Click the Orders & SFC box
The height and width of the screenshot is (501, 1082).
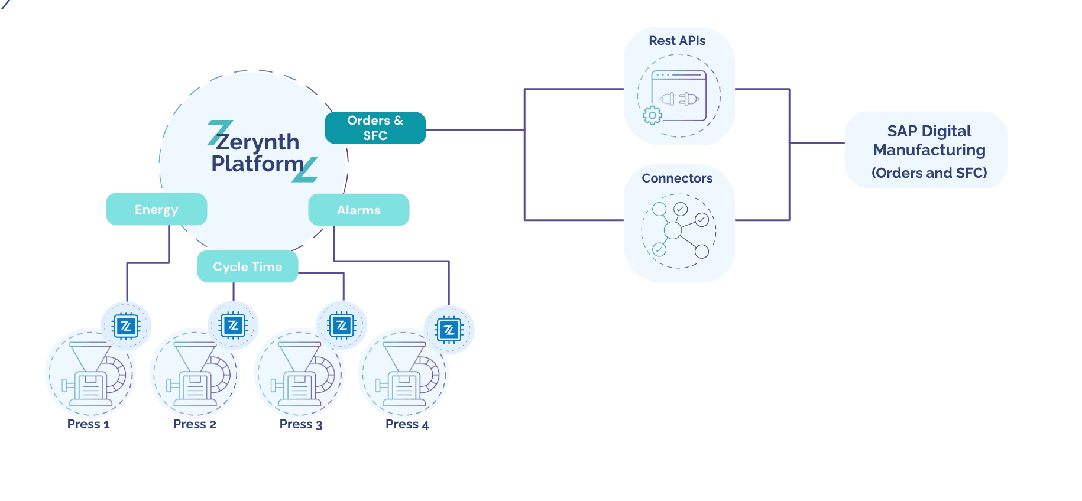point(375,128)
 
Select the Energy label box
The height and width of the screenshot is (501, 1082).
point(156,209)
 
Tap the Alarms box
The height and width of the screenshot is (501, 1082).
point(358,210)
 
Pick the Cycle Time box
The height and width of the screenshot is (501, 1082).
point(247,266)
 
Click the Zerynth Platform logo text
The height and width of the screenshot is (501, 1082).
point(258,152)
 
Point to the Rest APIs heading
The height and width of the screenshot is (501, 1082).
point(677,41)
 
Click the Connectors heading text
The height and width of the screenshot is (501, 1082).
point(677,178)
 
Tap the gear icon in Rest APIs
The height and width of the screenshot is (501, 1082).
point(652,115)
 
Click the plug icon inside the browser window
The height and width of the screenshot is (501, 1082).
point(679,99)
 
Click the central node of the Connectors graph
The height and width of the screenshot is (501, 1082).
point(672,230)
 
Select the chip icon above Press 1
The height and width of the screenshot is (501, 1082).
point(126,326)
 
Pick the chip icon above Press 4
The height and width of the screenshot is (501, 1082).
point(449,330)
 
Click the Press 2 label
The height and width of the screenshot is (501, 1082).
point(195,424)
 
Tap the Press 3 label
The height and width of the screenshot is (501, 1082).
point(301,424)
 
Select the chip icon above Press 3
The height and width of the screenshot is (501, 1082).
point(341,326)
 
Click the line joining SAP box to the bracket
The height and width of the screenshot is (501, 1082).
point(817,142)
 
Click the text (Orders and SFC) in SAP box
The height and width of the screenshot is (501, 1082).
point(929,173)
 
